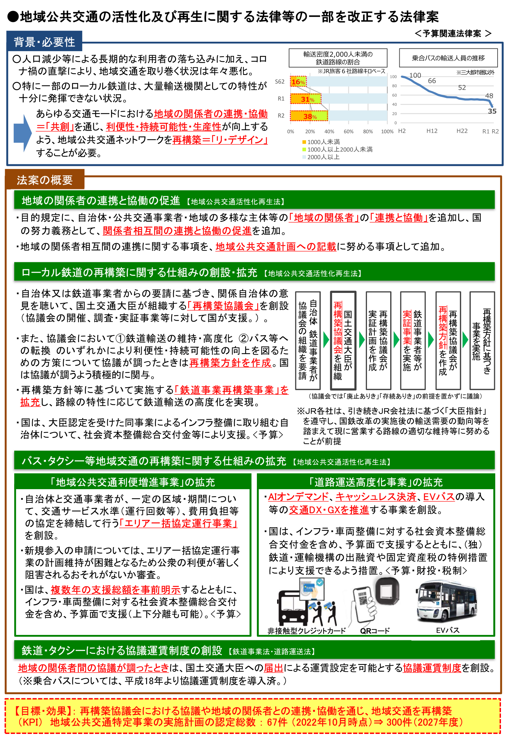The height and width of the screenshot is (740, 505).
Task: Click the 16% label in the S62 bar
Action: pos(298,82)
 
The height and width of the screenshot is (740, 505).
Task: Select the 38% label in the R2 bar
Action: pos(310,116)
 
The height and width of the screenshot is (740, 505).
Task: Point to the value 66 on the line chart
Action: pos(432,81)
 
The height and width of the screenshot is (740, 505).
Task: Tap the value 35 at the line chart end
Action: pos(492,111)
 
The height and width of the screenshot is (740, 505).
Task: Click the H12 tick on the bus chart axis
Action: pos(432,131)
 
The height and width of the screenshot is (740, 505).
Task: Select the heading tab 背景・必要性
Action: pos(44,42)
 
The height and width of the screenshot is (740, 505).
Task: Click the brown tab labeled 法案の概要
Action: pos(44,180)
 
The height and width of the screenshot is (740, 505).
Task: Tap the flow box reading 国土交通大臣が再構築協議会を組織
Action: pos(343,340)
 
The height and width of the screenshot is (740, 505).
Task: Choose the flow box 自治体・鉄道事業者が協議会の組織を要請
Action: pos(308,340)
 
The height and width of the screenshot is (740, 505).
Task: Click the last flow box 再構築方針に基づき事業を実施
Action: pos(482,340)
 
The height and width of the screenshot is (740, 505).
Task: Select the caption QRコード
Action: pos(375,631)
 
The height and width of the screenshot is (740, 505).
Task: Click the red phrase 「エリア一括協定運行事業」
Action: pos(179,524)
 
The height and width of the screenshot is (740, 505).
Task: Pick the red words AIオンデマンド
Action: pos(298,497)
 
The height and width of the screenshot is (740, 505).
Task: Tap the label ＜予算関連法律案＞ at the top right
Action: pos(453,33)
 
